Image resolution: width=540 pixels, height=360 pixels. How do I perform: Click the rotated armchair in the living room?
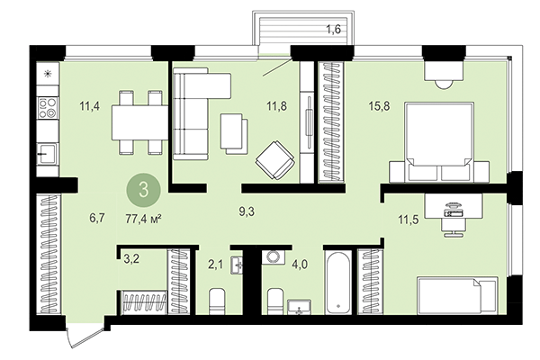click(x=274, y=160)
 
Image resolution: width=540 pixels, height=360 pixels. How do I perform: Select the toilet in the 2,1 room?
click(x=217, y=299)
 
